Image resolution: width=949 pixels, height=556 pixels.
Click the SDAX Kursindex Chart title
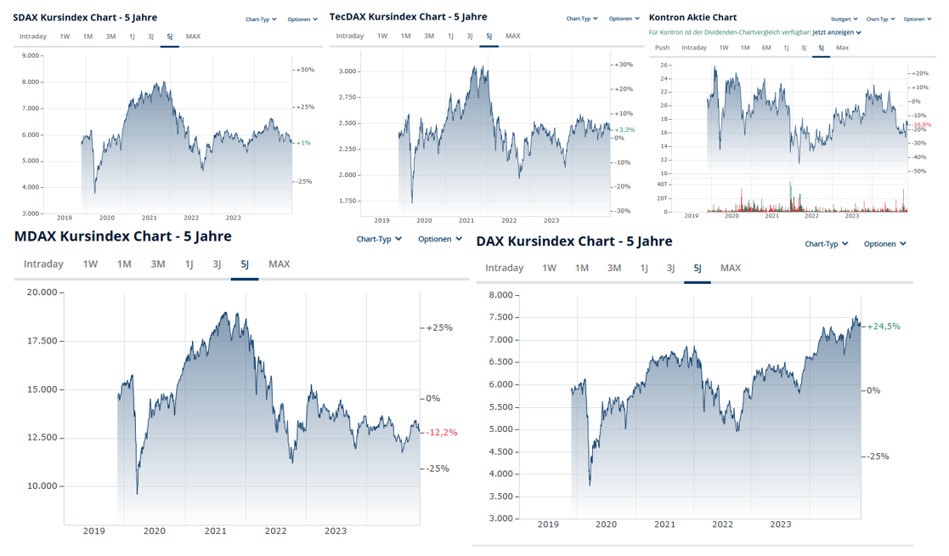click(x=85, y=17)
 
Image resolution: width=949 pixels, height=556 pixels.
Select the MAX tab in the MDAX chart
click(x=279, y=264)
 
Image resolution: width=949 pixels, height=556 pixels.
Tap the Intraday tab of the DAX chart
click(x=504, y=268)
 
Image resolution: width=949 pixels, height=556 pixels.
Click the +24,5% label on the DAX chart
click(x=884, y=326)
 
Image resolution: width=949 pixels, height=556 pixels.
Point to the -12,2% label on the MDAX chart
click(x=441, y=433)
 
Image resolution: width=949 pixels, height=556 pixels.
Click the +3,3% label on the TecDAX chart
click(x=624, y=130)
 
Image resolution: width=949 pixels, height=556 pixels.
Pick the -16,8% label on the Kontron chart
click(x=922, y=125)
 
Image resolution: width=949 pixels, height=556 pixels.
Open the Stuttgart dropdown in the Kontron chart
click(x=844, y=19)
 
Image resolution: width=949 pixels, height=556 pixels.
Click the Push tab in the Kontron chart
click(x=662, y=48)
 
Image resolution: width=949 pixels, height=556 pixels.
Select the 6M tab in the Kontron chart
click(x=765, y=48)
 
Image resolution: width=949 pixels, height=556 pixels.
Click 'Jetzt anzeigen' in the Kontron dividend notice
click(x=837, y=32)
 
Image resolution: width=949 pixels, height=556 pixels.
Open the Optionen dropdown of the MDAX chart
click(x=439, y=239)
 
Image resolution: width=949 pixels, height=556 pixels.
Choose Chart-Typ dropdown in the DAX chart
click(x=827, y=244)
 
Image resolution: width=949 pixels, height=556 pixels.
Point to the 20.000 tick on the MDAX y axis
click(x=42, y=292)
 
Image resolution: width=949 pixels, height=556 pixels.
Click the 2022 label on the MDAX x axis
click(x=275, y=531)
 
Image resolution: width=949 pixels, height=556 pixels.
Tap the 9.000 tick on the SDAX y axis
click(x=30, y=56)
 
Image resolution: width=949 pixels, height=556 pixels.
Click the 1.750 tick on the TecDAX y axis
click(x=347, y=201)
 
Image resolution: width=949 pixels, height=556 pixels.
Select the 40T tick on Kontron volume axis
click(x=663, y=184)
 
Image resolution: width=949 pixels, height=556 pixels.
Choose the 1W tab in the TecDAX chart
click(x=382, y=36)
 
